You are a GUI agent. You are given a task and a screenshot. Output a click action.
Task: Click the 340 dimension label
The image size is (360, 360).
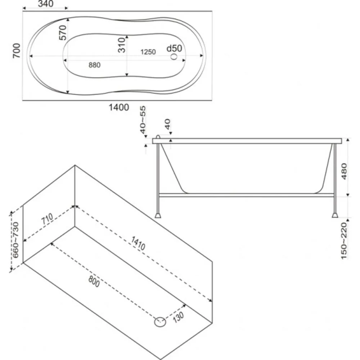coord(46,4)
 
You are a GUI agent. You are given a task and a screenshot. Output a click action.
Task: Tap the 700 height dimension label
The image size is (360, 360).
coord(17,50)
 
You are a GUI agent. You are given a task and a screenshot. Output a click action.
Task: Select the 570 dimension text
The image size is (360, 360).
coord(62,33)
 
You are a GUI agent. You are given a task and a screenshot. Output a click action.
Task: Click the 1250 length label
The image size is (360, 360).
coord(148,52)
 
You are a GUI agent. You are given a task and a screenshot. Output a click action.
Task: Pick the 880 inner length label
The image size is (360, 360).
coord(94,65)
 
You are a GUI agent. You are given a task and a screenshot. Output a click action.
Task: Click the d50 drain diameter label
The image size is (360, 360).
coord(174,48)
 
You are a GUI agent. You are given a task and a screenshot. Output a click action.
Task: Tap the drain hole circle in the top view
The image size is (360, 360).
coord(174,57)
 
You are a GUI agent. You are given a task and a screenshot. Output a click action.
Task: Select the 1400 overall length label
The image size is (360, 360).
coord(119,107)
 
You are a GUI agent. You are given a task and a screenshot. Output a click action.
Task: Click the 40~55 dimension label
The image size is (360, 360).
coord(143,120)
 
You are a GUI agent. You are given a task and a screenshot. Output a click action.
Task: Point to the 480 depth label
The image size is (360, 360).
coord(344,171)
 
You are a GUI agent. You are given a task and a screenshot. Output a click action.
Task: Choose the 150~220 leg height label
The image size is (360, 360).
coord(344,241)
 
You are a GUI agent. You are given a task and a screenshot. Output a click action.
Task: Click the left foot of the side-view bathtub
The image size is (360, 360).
coord(158,215)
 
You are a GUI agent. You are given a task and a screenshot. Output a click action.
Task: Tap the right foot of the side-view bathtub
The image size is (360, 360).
coord(335,215)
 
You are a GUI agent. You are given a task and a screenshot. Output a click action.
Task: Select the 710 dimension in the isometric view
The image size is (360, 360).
coord(47,219)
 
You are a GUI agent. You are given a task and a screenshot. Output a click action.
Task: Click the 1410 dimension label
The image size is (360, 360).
coord(138,243)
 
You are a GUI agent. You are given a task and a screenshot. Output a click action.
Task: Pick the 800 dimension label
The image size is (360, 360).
coord(94,281)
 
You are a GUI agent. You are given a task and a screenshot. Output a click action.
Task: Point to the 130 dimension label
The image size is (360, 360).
coord(179,317)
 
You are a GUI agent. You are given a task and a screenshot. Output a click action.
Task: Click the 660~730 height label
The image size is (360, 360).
coord(15,240)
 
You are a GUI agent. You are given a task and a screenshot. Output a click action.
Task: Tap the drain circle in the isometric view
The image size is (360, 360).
coord(160,321)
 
